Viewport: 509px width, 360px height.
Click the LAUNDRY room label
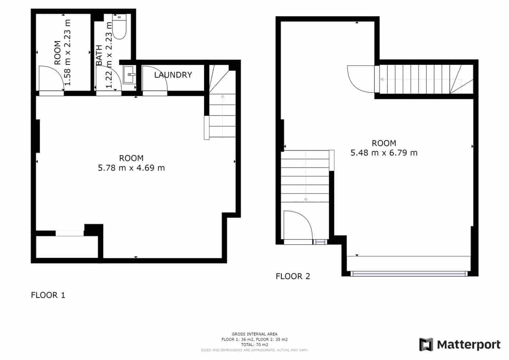(x=173, y=75)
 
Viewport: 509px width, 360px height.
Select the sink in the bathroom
(x=129, y=75)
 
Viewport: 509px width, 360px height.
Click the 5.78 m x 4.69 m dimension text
(x=131, y=168)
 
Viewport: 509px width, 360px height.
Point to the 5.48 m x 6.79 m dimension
(x=384, y=153)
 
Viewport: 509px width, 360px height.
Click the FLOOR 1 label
(x=48, y=295)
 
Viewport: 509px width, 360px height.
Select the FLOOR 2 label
(x=293, y=276)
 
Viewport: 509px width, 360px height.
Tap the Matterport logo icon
(x=426, y=344)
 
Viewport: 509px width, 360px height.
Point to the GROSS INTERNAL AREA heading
(x=254, y=334)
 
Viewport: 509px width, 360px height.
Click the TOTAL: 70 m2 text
(x=254, y=344)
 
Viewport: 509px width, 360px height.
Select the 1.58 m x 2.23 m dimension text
(x=68, y=53)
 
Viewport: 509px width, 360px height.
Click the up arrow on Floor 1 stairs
(x=223, y=98)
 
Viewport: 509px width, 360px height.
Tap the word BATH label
(x=99, y=55)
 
